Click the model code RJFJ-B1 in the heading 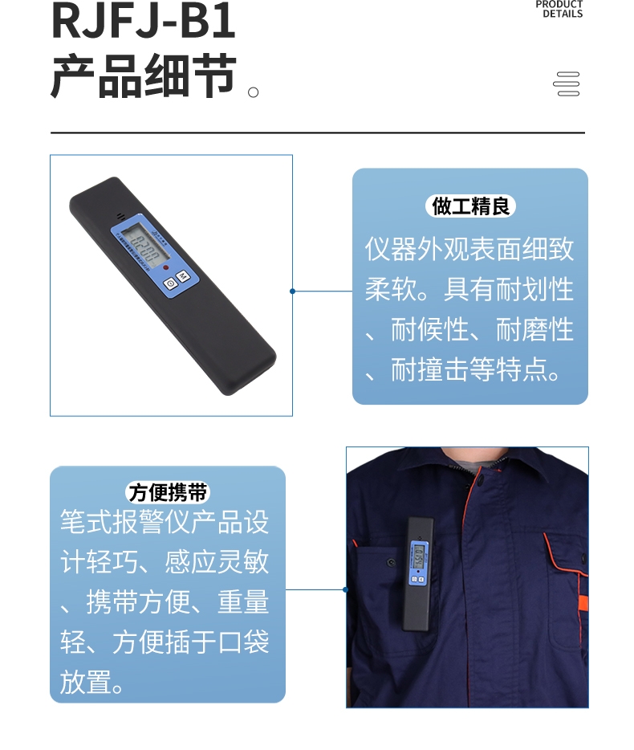[144, 22]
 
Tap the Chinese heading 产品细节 [144, 78]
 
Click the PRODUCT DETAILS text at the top [559, 9]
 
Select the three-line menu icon [567, 84]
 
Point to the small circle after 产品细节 [254, 92]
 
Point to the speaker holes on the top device [121, 216]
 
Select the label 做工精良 [470, 206]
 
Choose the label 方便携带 [168, 491]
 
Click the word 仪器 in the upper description [391, 249]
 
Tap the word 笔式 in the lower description [86, 522]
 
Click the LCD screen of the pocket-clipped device [418, 552]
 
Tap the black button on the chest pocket [391, 562]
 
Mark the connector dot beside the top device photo [292, 291]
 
